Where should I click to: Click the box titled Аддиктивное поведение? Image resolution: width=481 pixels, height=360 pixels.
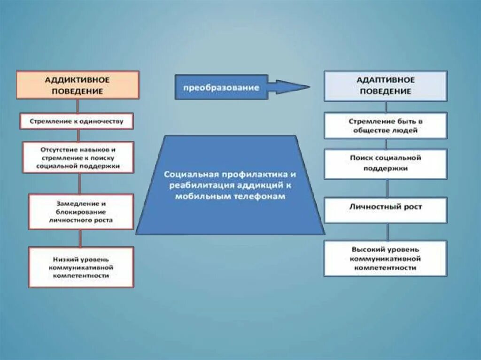click(78, 85)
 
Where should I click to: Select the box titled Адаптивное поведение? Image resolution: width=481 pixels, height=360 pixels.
click(385, 86)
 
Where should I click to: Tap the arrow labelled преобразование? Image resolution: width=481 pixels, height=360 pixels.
click(221, 88)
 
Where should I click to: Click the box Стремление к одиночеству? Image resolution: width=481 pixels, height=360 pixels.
click(77, 121)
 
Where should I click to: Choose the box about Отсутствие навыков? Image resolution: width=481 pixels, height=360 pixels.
click(78, 157)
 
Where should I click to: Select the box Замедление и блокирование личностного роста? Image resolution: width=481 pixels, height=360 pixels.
click(80, 212)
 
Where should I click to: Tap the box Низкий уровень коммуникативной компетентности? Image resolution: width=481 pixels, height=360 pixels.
click(81, 267)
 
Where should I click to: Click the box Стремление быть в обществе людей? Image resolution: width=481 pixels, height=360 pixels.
click(385, 125)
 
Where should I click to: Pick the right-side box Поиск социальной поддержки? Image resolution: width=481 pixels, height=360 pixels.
click(385, 163)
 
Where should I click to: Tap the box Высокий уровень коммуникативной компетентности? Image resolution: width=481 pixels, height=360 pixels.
click(385, 258)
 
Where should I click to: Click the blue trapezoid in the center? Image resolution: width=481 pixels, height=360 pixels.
click(230, 207)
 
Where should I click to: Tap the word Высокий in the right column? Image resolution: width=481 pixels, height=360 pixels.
click(366, 249)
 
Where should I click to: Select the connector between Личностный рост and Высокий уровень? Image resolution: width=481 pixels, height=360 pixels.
click(388, 232)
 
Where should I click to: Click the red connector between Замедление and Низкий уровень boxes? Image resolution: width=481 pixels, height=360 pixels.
click(79, 238)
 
